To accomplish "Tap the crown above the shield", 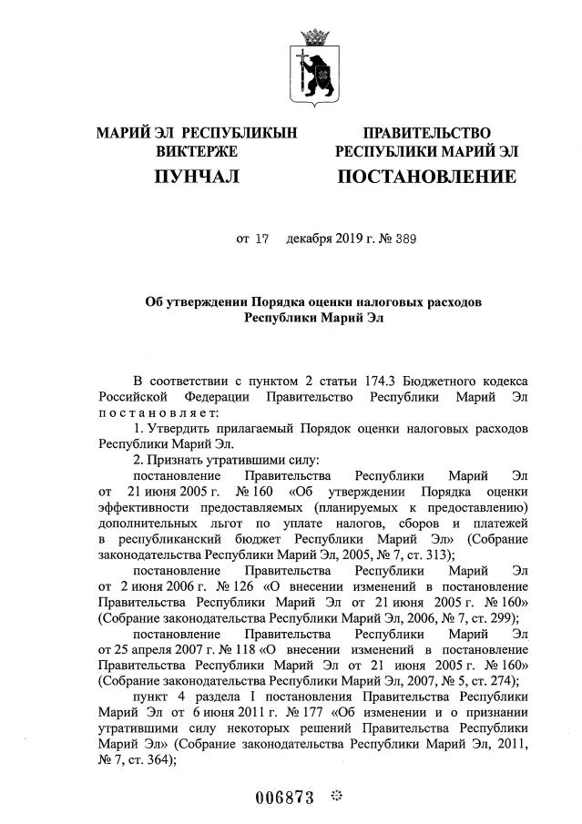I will pyautogui.click(x=319, y=37).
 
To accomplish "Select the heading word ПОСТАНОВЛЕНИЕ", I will pyautogui.click(x=426, y=177).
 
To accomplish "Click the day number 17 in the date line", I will pyautogui.click(x=262, y=239).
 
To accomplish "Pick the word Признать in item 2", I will pyautogui.click(x=179, y=462).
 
